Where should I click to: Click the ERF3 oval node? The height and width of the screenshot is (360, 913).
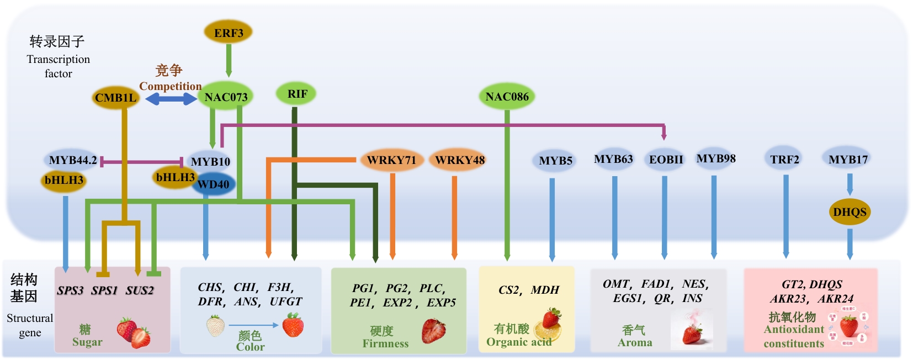tap(229, 33)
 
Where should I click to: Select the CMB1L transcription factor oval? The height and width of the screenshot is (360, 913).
tap(115, 98)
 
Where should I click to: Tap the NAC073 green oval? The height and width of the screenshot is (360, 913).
tap(226, 97)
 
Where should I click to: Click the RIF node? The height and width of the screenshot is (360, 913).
tap(297, 94)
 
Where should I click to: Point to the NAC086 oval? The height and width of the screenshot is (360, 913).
tap(507, 97)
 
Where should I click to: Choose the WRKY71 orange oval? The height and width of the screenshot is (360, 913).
tap(391, 160)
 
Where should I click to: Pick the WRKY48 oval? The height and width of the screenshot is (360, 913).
tap(459, 160)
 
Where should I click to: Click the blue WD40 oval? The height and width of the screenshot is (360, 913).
tap(214, 184)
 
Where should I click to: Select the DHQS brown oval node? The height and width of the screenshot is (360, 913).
tap(850, 212)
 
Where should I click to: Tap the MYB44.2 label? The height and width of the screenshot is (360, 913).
tap(73, 160)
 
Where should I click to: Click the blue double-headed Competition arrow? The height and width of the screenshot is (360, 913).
tap(171, 99)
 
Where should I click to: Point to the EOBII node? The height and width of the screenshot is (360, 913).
tap(666, 160)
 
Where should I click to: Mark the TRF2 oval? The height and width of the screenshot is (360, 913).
tap(784, 160)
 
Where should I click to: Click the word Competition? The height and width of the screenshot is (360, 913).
tap(170, 86)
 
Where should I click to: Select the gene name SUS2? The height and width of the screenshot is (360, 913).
tap(140, 290)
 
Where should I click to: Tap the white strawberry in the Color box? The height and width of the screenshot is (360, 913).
tap(215, 325)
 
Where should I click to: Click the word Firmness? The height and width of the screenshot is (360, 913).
tap(385, 343)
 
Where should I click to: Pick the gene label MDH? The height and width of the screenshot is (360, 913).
tap(545, 290)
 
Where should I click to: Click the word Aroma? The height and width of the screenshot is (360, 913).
tap(635, 342)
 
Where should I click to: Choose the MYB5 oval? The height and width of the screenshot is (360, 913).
tap(555, 161)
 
